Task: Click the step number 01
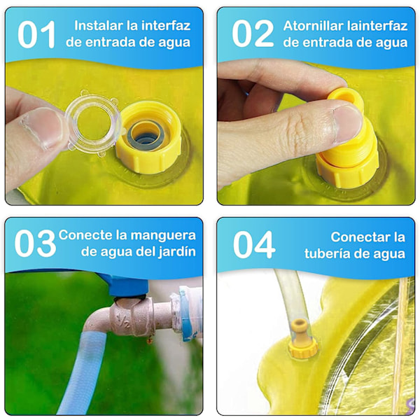coord(36,35)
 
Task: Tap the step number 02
coord(253,34)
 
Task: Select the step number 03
coord(35,244)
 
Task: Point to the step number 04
coord(254,245)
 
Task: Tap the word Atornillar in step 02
coord(313,26)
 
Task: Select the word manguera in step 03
coord(163,236)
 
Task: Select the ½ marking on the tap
coord(122,321)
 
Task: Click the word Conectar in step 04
coord(367,237)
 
